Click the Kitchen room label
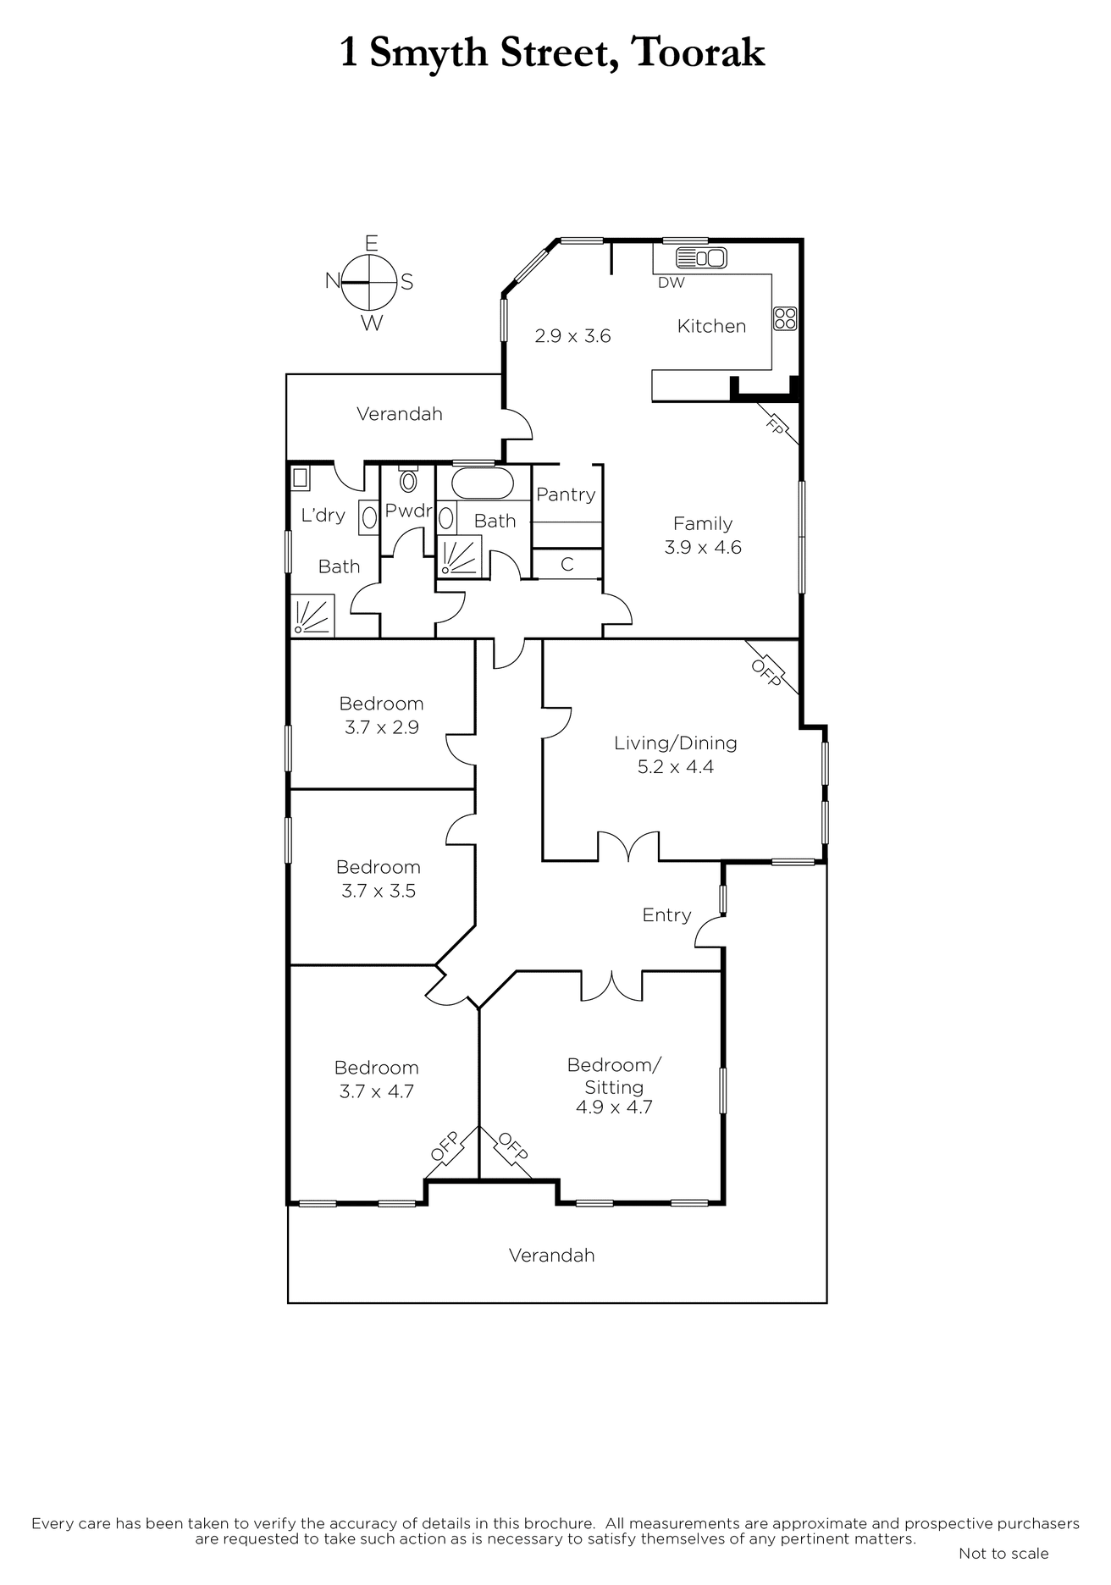point(711,326)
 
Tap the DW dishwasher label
point(671,283)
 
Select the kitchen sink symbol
point(701,257)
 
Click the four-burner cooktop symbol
point(785,318)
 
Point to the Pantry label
point(566,494)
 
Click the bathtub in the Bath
point(482,483)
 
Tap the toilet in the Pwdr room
point(408,480)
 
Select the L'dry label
point(323,515)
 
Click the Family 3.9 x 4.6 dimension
point(703,548)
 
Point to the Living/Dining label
point(675,743)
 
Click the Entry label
point(666,915)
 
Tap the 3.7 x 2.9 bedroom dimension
point(381,727)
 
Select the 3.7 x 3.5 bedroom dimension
point(379,891)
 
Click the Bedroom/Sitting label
point(614,1075)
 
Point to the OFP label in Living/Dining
point(766,672)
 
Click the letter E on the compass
point(371,244)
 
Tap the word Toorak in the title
point(698,52)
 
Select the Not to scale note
point(1003,1554)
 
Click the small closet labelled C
point(567,564)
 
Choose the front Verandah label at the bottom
point(551,1256)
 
